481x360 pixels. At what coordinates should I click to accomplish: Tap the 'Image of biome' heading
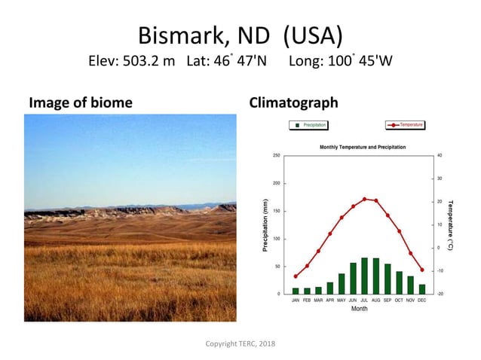pyautogui.click(x=80, y=102)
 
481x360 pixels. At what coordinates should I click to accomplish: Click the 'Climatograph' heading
pyautogui.click(x=293, y=102)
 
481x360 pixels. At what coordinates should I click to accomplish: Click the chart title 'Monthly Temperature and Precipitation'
pyautogui.click(x=363, y=147)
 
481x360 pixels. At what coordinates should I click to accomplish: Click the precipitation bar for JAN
pyautogui.click(x=296, y=291)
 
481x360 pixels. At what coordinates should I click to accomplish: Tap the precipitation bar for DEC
pyautogui.click(x=422, y=289)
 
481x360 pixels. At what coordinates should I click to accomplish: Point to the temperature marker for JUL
pyautogui.click(x=365, y=199)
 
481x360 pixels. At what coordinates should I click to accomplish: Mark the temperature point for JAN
pyautogui.click(x=296, y=276)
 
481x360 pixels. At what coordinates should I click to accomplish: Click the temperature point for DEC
pyautogui.click(x=422, y=270)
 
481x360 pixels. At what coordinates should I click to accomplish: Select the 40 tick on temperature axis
pyautogui.click(x=440, y=155)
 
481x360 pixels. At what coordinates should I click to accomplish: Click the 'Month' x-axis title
pyautogui.click(x=359, y=309)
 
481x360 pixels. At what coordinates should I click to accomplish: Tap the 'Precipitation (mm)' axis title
pyautogui.click(x=265, y=224)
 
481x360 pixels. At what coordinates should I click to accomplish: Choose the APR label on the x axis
pyautogui.click(x=330, y=301)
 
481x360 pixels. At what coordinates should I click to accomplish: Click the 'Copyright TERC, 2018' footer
pyautogui.click(x=240, y=343)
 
